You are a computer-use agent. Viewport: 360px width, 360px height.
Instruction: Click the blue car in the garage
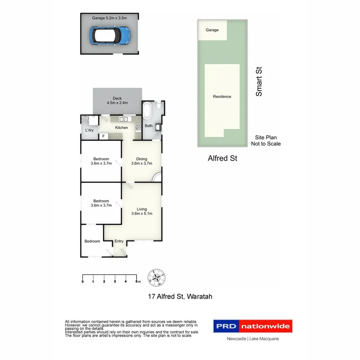[110, 35]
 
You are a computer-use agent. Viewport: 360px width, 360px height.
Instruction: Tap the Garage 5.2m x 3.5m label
[110, 18]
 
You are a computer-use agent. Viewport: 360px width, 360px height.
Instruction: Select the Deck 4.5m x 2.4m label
[117, 100]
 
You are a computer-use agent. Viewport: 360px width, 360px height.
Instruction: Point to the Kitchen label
[121, 128]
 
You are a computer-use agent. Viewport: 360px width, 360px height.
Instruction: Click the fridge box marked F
[103, 136]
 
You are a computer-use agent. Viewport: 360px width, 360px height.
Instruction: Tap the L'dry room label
[89, 130]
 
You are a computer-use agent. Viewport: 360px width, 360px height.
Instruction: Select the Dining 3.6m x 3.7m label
[141, 161]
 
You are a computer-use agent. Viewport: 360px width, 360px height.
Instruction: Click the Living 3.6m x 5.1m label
[141, 211]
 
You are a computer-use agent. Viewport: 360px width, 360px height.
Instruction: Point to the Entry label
[119, 241]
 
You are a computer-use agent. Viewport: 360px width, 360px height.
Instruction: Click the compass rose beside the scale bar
[157, 278]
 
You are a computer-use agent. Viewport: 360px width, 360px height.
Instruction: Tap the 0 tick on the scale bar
[83, 281]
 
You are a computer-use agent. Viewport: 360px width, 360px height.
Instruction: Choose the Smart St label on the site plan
[259, 82]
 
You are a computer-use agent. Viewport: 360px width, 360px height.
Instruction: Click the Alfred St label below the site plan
[222, 158]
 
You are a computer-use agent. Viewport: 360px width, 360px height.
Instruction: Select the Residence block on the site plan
[222, 97]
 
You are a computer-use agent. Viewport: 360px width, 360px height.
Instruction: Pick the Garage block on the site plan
[212, 30]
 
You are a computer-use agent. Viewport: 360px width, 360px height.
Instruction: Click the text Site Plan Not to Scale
[266, 141]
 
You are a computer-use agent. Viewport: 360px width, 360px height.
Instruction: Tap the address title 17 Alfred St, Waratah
[180, 297]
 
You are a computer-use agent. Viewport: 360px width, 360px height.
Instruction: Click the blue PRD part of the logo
[226, 326]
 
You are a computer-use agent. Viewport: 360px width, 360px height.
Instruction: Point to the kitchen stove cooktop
[138, 127]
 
